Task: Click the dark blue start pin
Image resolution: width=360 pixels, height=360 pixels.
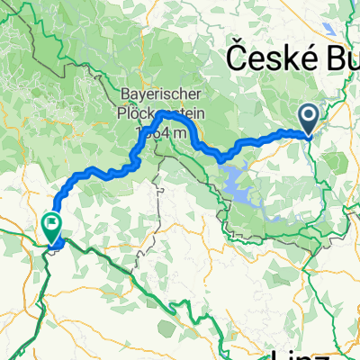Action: [x=307, y=118]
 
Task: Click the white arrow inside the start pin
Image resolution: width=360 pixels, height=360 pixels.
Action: [x=307, y=114]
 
